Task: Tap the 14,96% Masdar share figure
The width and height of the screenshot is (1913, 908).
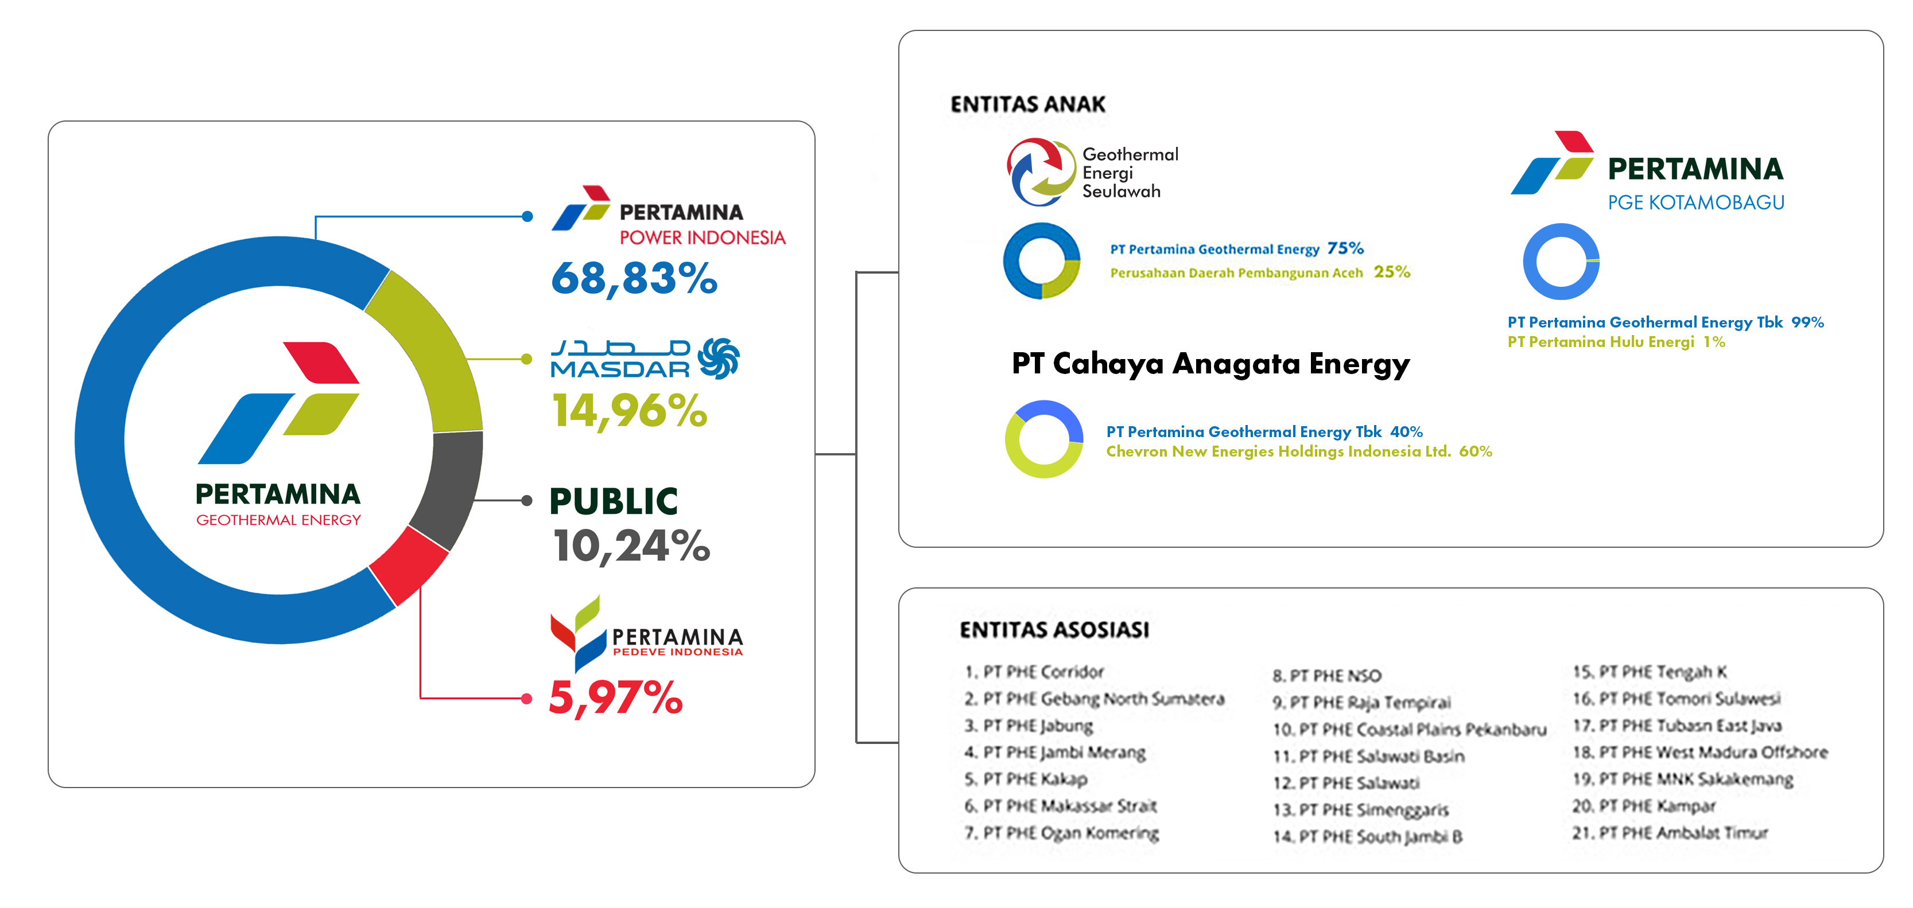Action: pyautogui.click(x=629, y=411)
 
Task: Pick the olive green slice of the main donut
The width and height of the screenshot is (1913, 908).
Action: pyautogui.click(x=433, y=356)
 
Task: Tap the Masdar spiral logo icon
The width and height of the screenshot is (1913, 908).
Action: pyautogui.click(x=719, y=358)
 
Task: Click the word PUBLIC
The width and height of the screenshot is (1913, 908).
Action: pyautogui.click(x=614, y=501)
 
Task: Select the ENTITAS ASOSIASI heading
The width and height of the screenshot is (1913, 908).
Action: pyautogui.click(x=1054, y=630)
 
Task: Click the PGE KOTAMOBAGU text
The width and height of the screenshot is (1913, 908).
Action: pyautogui.click(x=1695, y=202)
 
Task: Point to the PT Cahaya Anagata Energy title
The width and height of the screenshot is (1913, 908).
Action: pyautogui.click(x=1210, y=364)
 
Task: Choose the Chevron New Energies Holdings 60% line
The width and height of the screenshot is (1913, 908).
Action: pyautogui.click(x=1298, y=451)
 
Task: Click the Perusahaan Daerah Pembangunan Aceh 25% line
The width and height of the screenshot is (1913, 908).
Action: pyautogui.click(x=1259, y=272)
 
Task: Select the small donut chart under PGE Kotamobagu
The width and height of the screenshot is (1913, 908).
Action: pyautogui.click(x=1561, y=262)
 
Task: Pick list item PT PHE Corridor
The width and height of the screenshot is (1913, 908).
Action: pyautogui.click(x=1034, y=672)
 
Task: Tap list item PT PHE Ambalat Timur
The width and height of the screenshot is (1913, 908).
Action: pyautogui.click(x=1670, y=833)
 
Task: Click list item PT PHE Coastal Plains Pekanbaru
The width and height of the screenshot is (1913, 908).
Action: pyautogui.click(x=1410, y=729)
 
